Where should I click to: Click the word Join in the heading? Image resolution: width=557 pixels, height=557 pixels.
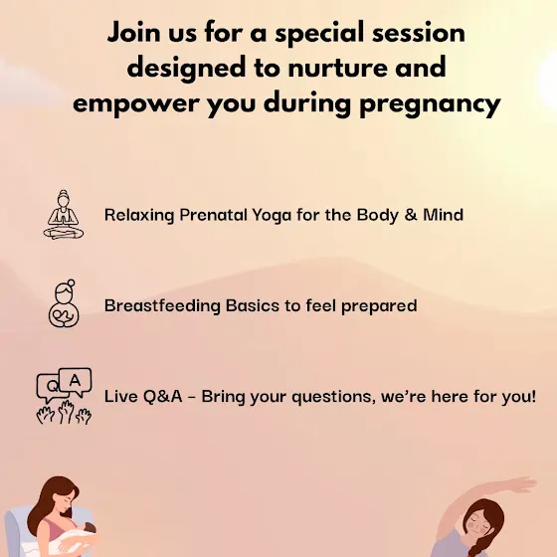click(x=133, y=33)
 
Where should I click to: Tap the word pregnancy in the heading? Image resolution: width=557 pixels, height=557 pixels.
click(x=430, y=104)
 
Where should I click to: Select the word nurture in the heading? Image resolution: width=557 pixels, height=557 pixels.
click(x=337, y=68)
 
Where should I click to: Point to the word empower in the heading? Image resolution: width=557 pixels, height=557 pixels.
click(x=135, y=104)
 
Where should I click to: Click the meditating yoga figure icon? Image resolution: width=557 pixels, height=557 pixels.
click(x=64, y=215)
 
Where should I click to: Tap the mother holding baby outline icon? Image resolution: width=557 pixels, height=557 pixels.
click(x=64, y=303)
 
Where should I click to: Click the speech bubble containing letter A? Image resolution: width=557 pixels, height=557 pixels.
click(x=76, y=381)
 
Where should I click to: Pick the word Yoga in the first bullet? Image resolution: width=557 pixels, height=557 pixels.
click(x=272, y=215)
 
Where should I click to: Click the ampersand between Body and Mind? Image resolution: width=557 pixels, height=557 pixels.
click(x=410, y=215)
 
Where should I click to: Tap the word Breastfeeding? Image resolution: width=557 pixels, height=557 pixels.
click(x=162, y=306)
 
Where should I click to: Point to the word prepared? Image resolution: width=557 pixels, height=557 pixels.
click(x=379, y=306)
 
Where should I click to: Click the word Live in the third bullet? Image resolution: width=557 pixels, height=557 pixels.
click(x=121, y=396)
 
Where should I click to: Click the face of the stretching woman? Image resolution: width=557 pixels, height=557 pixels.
click(x=478, y=525)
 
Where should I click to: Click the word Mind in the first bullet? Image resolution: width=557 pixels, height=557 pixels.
click(x=443, y=215)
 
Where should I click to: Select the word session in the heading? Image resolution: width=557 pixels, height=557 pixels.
click(x=419, y=33)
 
